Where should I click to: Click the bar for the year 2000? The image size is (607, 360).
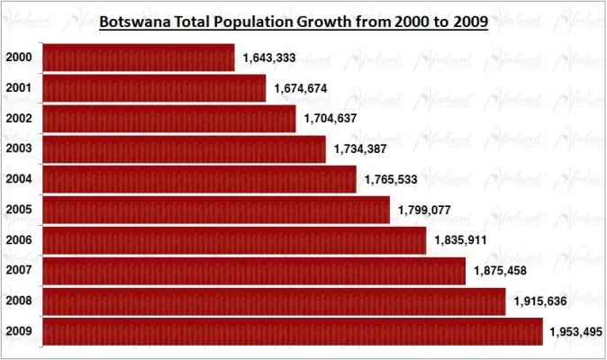click(138, 58)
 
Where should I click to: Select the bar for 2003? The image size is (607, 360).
click(184, 149)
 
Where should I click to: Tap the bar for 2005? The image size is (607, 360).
click(216, 210)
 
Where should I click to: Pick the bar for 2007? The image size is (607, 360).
click(253, 271)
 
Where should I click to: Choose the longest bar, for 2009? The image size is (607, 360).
click(292, 331)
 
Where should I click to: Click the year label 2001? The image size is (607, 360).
click(19, 88)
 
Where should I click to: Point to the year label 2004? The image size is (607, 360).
click(19, 179)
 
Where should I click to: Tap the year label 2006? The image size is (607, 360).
click(19, 240)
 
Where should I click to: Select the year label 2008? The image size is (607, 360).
click(19, 301)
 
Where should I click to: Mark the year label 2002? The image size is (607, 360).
click(19, 119)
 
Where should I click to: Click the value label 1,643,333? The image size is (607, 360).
click(268, 58)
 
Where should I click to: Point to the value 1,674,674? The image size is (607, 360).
click(300, 88)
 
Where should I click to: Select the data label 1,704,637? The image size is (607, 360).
click(330, 119)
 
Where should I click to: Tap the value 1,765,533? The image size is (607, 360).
click(391, 180)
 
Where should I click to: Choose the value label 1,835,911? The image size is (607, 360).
click(460, 240)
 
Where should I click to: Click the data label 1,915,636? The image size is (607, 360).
click(539, 301)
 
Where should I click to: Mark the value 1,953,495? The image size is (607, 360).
click(573, 332)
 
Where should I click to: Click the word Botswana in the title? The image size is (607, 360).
click(138, 21)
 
